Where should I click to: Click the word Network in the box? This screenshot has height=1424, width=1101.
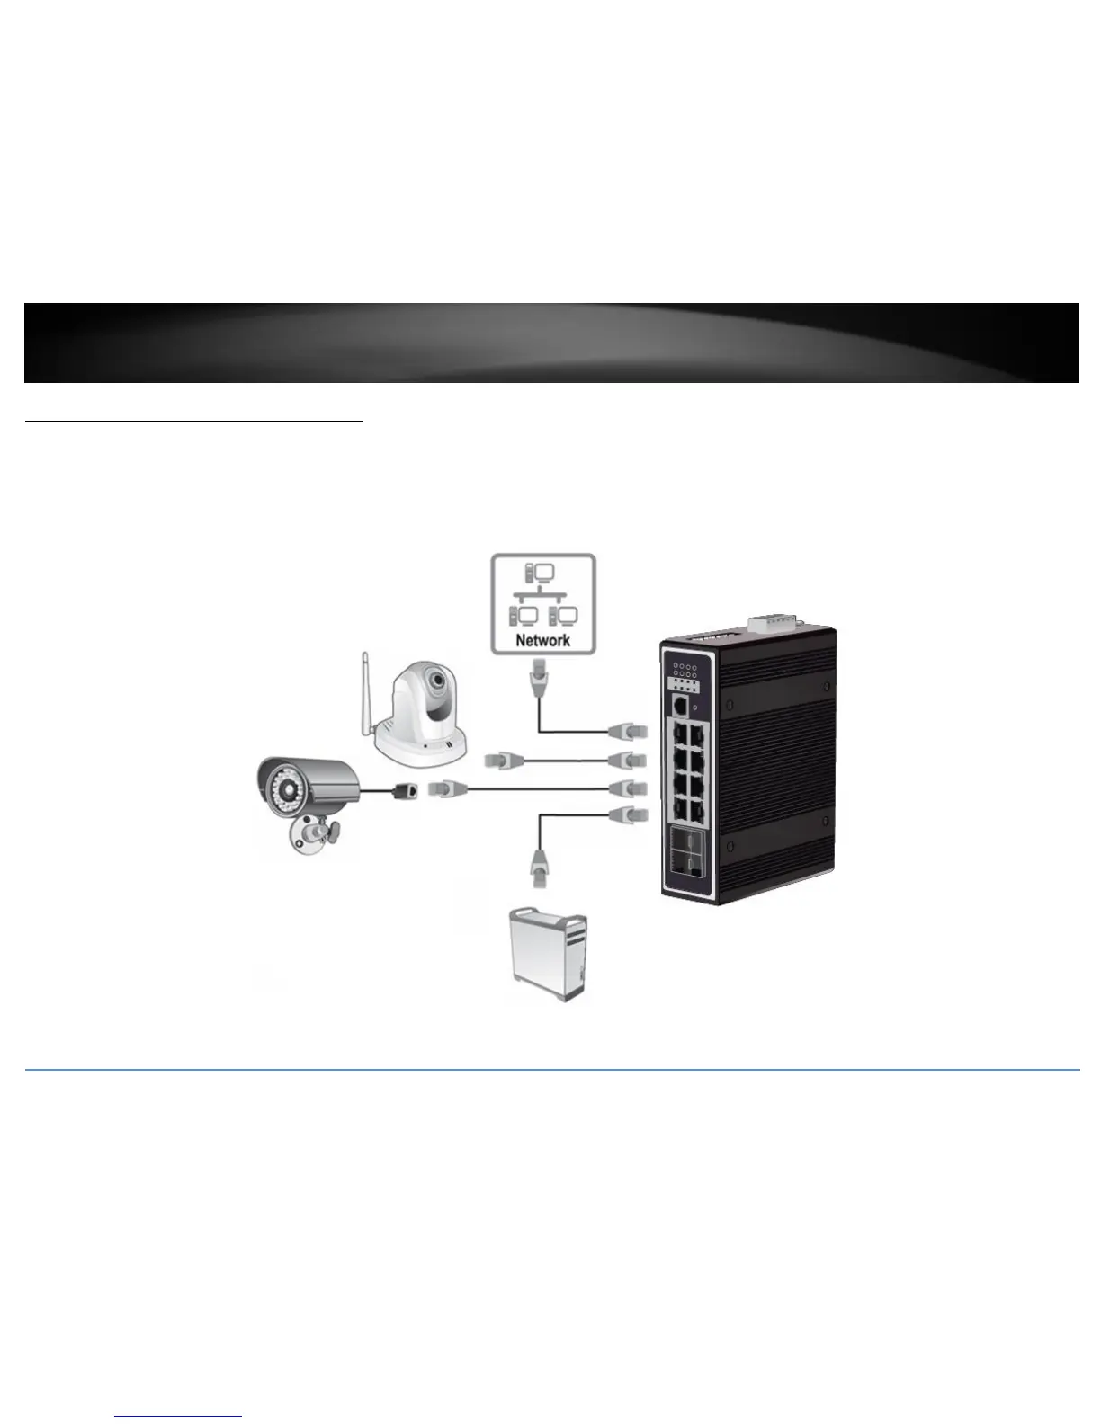pos(543,639)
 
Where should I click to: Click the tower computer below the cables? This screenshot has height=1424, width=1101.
pos(549,955)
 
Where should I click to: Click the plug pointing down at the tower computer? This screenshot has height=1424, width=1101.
pos(539,868)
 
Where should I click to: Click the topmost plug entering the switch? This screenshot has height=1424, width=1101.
pos(628,731)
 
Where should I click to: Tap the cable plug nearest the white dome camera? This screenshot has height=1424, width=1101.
pos(503,761)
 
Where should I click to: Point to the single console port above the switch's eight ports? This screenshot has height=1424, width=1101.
pos(680,706)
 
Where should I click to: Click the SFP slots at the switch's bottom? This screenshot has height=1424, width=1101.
pos(686,850)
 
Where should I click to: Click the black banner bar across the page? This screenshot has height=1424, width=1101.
pos(551,343)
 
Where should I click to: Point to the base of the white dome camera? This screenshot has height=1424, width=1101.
pos(420,746)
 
